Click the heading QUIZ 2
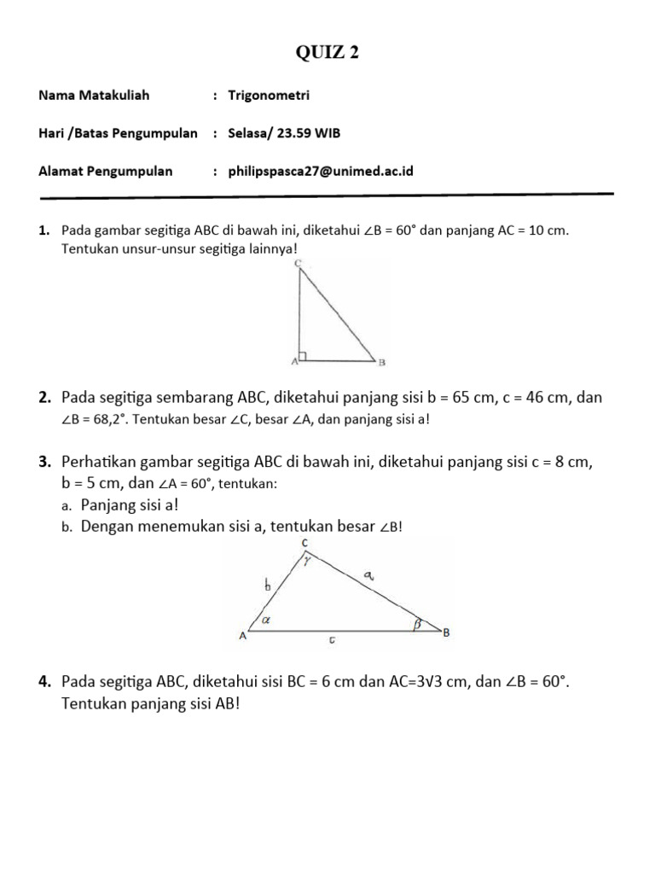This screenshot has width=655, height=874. pyautogui.click(x=327, y=54)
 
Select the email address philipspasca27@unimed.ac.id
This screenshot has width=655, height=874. pyautogui.click(x=321, y=171)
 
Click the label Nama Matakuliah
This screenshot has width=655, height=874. pyautogui.click(x=94, y=95)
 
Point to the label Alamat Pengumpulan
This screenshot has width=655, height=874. pyautogui.click(x=106, y=171)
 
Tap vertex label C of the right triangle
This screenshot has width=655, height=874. pyautogui.click(x=298, y=264)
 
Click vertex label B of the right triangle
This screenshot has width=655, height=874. pyautogui.click(x=382, y=362)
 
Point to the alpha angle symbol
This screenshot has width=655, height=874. pyautogui.click(x=266, y=621)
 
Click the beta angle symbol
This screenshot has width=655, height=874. pyautogui.click(x=418, y=624)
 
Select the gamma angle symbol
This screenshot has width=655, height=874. pyautogui.click(x=309, y=562)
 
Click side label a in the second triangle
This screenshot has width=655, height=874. pyautogui.click(x=368, y=578)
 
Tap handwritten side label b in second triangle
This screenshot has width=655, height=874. pyautogui.click(x=267, y=586)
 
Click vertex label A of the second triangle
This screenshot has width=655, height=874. pyautogui.click(x=243, y=636)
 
